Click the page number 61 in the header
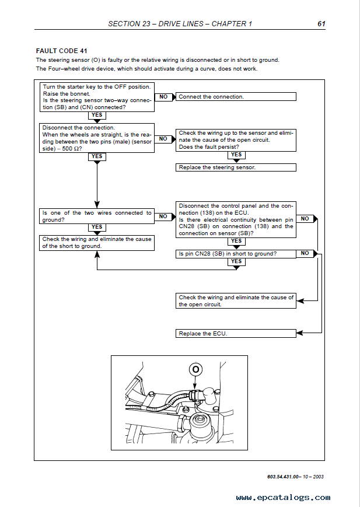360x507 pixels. tap(321, 24)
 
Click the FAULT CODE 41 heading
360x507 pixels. tap(62, 51)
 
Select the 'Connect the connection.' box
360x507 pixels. tap(236, 97)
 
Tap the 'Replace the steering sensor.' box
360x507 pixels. tap(236, 167)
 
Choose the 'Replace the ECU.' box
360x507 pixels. tap(236, 333)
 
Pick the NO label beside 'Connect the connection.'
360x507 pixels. tap(163, 96)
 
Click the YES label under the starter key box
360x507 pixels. tap(97, 115)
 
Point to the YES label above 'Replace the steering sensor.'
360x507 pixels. tap(236, 155)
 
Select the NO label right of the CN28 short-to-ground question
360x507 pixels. tap(305, 253)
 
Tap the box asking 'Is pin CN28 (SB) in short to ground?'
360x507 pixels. tap(236, 254)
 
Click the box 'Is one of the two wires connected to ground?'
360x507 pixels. tap(97, 216)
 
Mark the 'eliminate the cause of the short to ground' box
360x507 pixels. tap(97, 243)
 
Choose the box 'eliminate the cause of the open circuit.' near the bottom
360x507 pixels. tap(236, 301)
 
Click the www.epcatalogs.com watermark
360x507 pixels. tap(283, 498)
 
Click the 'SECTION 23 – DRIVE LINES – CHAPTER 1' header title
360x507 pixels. tap(180, 24)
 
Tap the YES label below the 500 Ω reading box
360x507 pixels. tap(97, 156)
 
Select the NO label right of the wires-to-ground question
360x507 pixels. tap(163, 216)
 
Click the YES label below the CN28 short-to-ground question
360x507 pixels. tap(236, 261)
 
